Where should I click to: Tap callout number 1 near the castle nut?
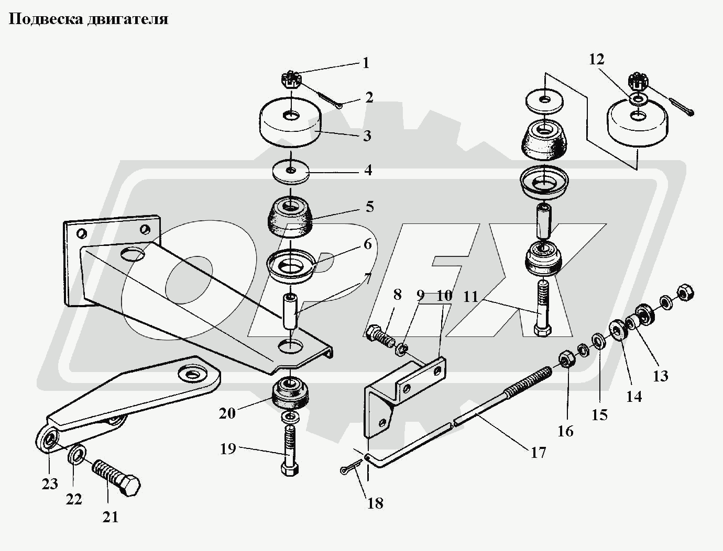(x=366, y=63)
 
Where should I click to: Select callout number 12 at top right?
(x=596, y=59)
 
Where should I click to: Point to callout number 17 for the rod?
(x=538, y=452)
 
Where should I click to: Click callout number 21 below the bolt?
(x=110, y=517)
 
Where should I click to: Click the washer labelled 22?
(x=77, y=454)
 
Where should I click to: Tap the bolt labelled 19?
(x=289, y=449)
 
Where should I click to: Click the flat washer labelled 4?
(x=291, y=172)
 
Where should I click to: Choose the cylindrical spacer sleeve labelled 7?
(x=290, y=312)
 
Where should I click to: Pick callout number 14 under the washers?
(x=633, y=396)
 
